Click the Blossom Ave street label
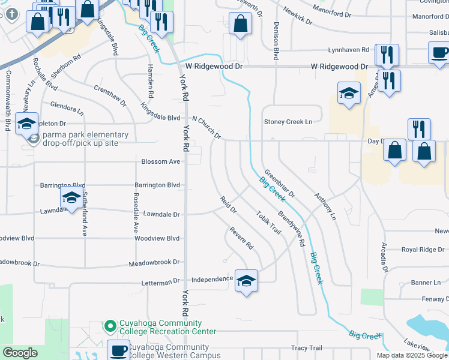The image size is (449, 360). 160,161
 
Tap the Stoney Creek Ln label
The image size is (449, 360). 288,122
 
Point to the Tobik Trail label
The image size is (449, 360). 268,223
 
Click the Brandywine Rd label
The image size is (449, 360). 292,229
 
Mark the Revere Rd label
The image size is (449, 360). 242,238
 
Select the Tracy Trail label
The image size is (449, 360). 307,348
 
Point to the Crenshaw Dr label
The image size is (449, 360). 110,95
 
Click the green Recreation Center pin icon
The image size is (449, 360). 110,326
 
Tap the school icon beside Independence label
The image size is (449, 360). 246,280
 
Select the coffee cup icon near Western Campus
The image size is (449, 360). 118,349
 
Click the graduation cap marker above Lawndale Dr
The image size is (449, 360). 71,197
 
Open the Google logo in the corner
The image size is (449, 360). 20,353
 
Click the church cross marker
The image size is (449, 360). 13,13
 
